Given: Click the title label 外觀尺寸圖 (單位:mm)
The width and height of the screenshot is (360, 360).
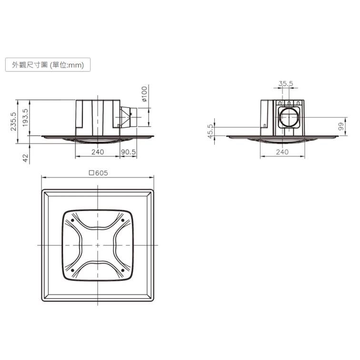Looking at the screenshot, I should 47,65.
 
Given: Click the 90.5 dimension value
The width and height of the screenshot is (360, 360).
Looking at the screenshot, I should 129,152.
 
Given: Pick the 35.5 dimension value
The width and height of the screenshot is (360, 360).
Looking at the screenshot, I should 286,84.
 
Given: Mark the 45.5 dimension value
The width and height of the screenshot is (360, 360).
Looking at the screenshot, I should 210,130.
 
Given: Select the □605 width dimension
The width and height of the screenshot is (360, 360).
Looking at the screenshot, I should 98,173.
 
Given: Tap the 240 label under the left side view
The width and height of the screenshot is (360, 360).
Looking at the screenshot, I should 97,152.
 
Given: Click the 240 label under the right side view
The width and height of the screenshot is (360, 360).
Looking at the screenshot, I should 282,152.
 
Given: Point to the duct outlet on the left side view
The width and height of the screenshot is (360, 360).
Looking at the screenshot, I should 129,117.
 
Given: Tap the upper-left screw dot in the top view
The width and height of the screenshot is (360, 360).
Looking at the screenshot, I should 73,220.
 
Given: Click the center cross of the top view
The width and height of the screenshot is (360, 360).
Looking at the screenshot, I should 98,245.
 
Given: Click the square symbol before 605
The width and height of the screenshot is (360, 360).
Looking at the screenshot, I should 91,173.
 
